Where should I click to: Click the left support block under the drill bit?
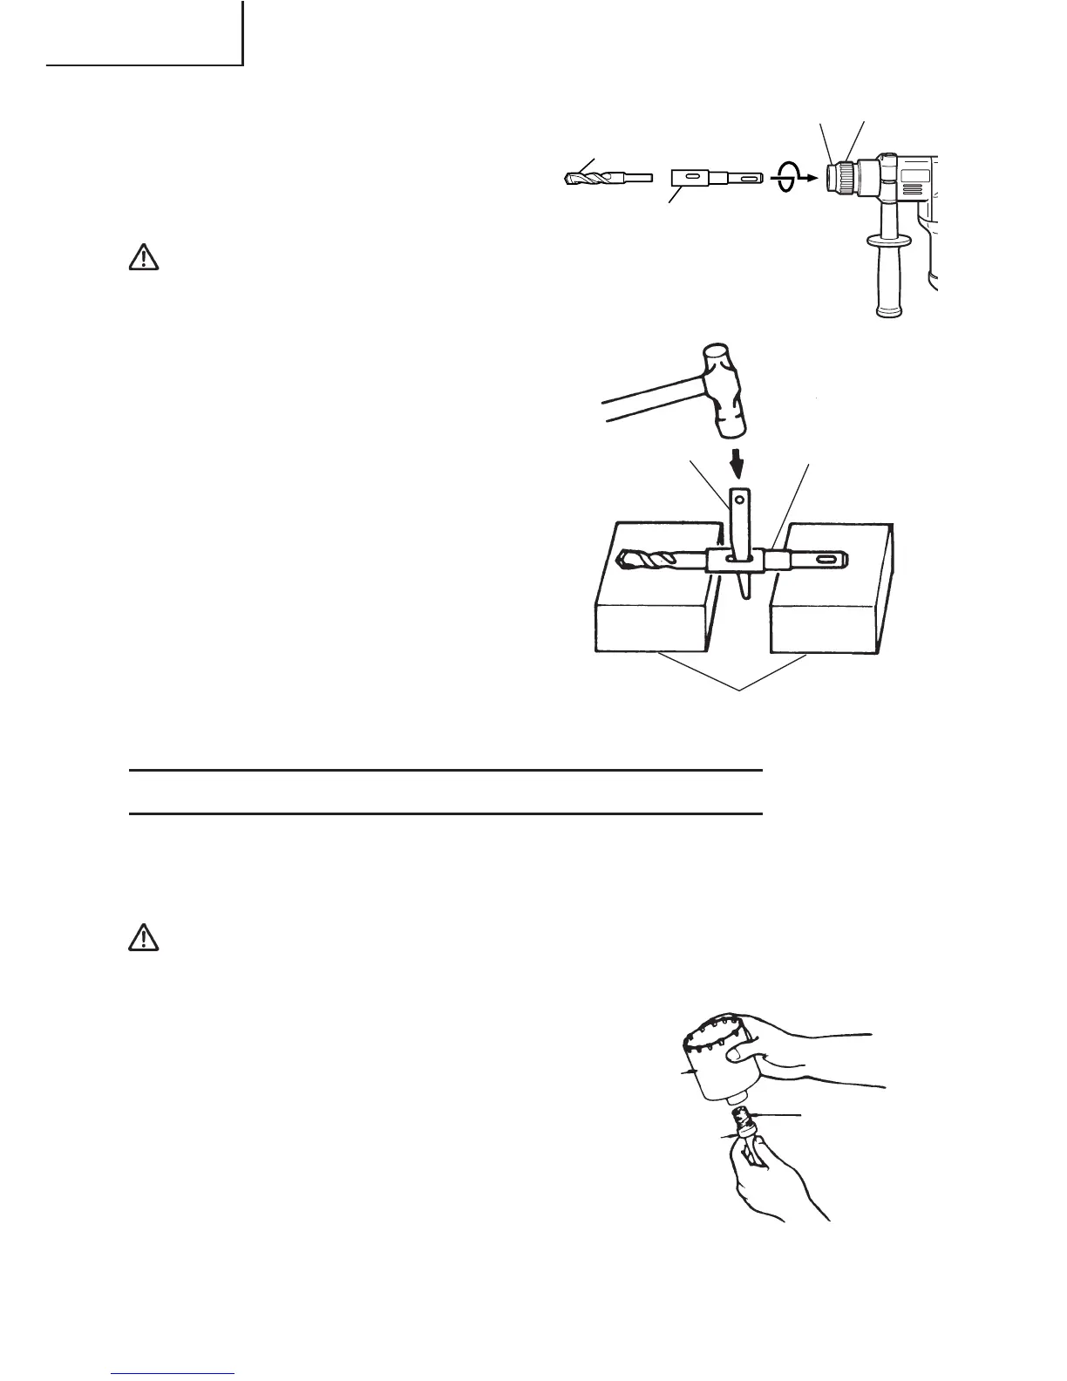point(654,610)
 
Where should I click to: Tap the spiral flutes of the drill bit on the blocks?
point(649,559)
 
